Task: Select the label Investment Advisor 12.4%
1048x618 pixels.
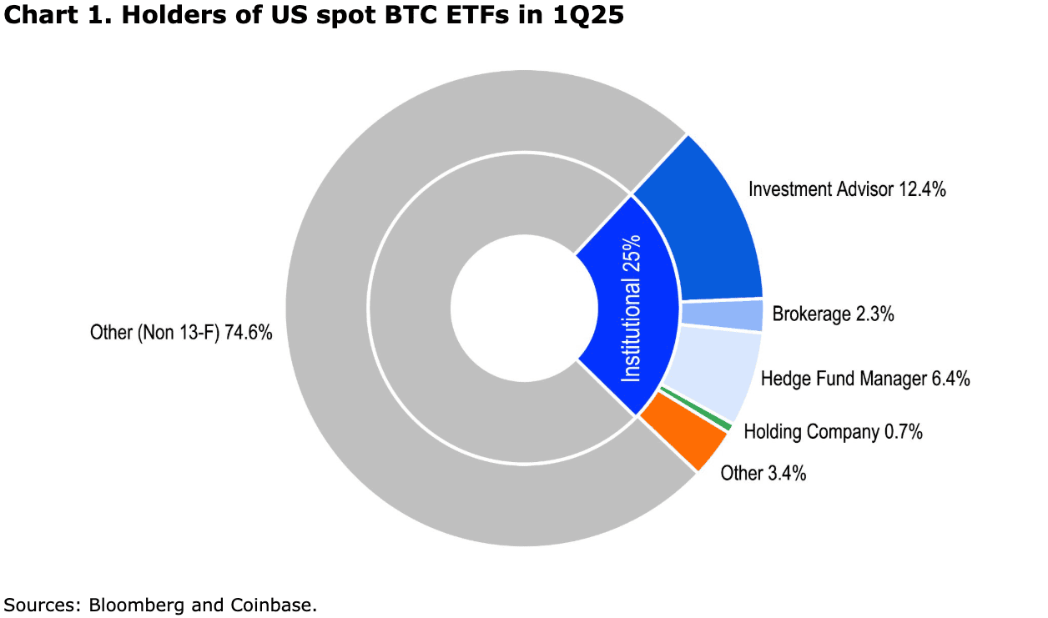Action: (846, 189)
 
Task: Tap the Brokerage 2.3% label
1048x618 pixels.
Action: (833, 314)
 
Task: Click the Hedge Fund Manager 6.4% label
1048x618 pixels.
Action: (864, 379)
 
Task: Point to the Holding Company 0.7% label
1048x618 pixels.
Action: (832, 432)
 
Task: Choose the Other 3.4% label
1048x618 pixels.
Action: (763, 474)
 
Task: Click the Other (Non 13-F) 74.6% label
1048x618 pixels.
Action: (181, 333)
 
